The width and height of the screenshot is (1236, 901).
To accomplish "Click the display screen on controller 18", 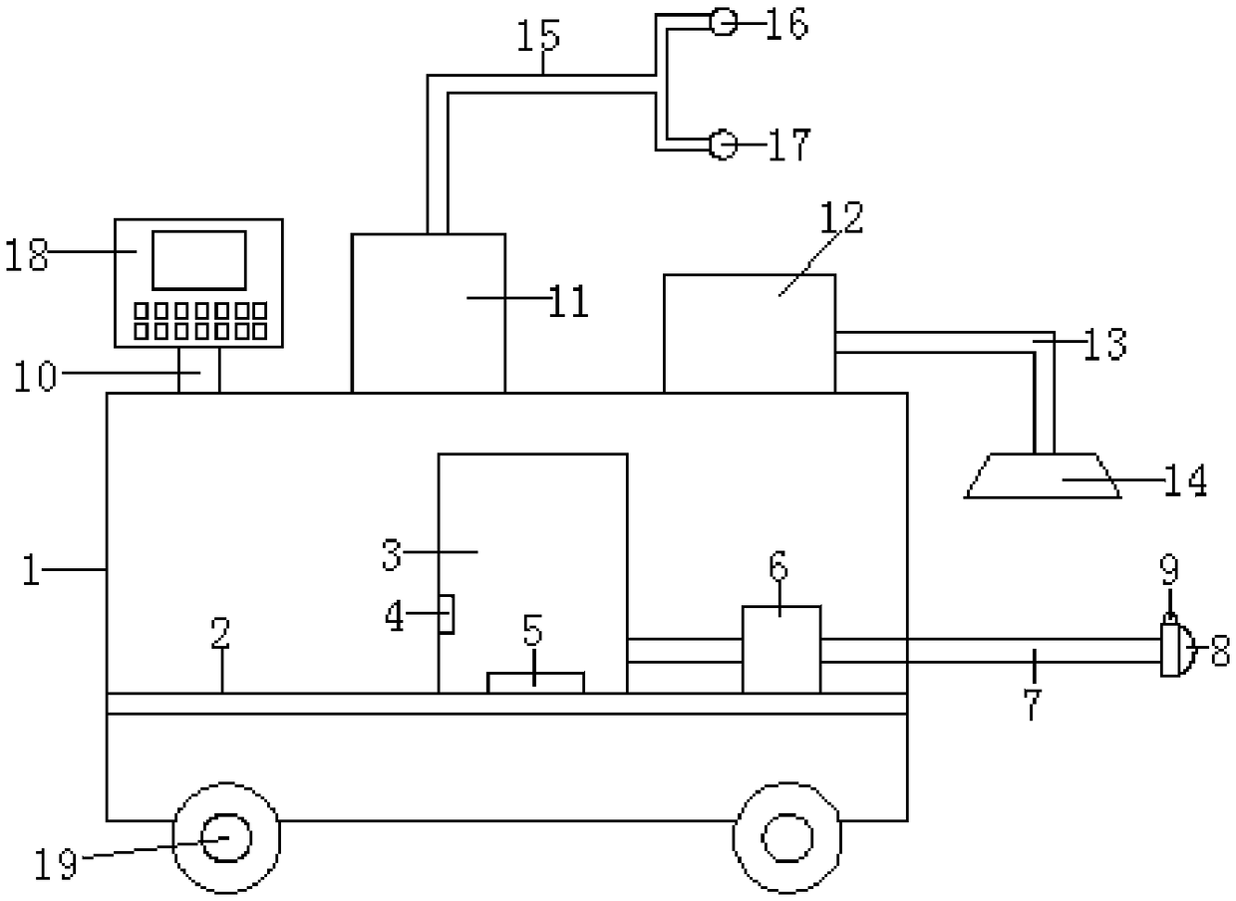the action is pos(198,260).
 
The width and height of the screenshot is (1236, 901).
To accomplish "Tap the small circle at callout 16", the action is pos(723,22).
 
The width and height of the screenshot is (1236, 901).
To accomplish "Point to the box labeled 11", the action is pos(429,312).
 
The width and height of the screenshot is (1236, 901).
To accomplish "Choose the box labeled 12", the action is pos(749,333).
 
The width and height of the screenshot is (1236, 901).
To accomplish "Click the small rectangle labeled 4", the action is pos(448,614).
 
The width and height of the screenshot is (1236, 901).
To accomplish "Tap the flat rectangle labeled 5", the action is pos(535,682).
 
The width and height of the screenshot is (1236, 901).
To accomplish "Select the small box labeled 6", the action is pos(781,649).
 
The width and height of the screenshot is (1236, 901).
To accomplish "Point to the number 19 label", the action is pos(56,863).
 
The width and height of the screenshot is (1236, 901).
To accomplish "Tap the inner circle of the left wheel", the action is pos(226,837).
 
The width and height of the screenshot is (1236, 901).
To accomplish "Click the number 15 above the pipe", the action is pos(538,36).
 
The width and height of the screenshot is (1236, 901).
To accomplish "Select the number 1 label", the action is pos(32,573).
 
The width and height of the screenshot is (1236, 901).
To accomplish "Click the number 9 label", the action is pos(1169,570).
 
